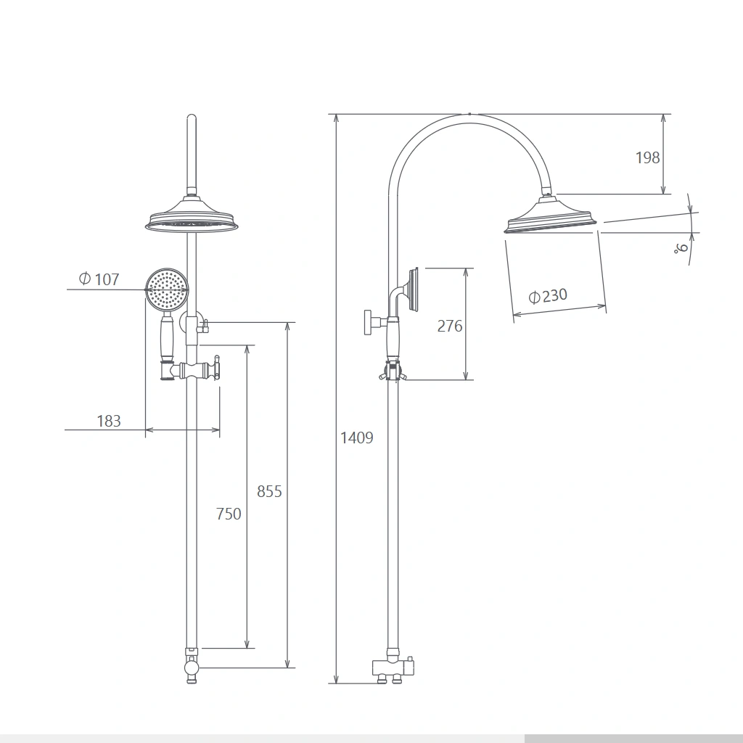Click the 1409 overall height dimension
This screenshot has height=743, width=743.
tap(357, 438)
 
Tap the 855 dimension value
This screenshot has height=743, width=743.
tap(269, 491)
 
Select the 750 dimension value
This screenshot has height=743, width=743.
tap(229, 514)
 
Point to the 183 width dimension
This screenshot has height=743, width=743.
tap(109, 421)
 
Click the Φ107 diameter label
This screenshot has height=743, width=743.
tap(99, 279)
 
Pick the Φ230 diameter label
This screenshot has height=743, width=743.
tap(548, 296)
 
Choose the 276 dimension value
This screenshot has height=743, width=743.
tap(450, 326)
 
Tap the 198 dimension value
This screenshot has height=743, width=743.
tap(647, 157)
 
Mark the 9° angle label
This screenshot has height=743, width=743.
tap(681, 247)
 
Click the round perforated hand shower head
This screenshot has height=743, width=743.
tap(167, 290)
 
